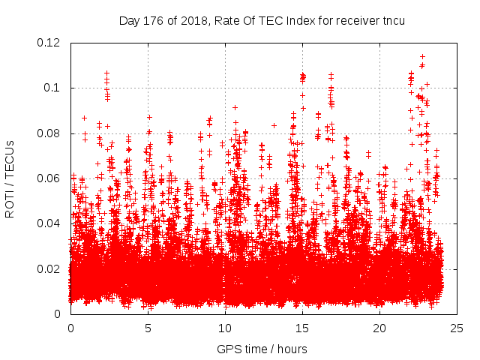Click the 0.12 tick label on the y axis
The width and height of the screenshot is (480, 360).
(49, 43)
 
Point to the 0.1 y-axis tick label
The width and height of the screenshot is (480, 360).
(52, 88)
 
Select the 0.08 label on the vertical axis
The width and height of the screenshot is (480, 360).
(49, 133)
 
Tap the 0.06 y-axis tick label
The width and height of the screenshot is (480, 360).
(49, 178)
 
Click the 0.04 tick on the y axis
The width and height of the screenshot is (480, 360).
(49, 223)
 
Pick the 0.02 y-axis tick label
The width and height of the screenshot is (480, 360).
(49, 268)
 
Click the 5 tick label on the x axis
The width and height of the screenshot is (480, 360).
(148, 328)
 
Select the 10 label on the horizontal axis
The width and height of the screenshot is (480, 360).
(225, 328)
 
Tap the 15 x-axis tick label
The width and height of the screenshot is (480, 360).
(302, 328)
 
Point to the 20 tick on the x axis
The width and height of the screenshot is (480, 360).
(379, 328)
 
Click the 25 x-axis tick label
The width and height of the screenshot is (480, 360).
(457, 328)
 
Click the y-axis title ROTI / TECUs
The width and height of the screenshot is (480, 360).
(10, 178)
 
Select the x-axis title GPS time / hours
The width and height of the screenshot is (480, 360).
(262, 349)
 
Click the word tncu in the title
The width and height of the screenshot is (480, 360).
(392, 20)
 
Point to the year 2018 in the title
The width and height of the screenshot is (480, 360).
(192, 20)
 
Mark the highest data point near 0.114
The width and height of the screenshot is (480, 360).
(422, 56)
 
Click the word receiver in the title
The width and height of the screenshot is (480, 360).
(352, 20)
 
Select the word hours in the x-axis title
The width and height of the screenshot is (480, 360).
(291, 349)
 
